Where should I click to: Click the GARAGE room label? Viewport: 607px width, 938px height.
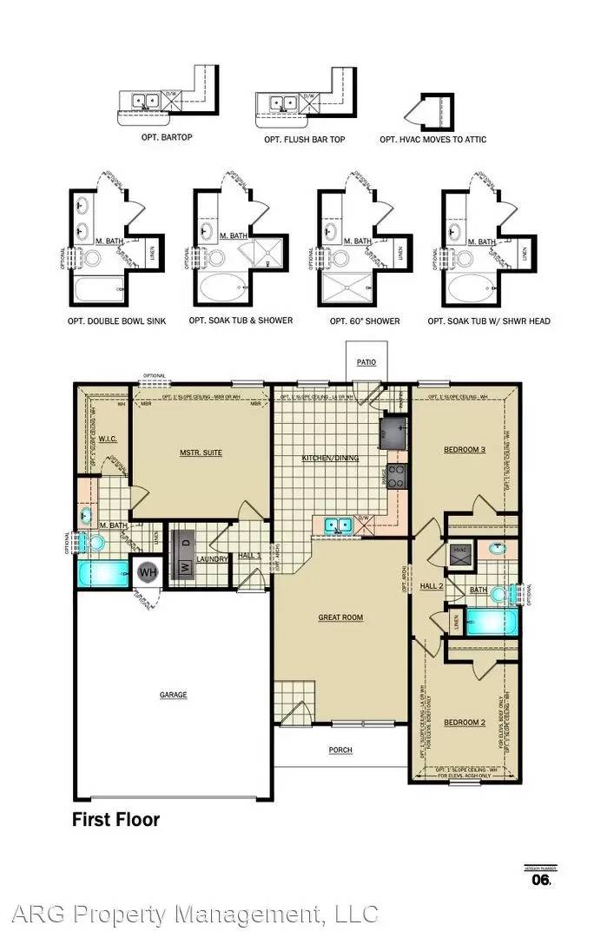173,695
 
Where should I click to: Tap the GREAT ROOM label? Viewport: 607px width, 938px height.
340,618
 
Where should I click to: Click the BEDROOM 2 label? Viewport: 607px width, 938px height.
464,723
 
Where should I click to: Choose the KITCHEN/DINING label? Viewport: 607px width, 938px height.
330,458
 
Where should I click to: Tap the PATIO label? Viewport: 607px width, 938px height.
366,361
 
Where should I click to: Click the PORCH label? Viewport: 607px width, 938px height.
340,750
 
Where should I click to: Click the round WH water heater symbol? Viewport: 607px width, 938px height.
148,573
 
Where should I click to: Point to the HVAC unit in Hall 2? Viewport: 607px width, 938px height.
459,551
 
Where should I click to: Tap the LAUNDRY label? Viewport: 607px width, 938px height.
212,559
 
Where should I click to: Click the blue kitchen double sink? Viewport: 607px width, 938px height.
337,525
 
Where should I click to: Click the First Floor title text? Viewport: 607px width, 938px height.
115,819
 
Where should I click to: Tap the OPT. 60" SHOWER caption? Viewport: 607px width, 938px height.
365,321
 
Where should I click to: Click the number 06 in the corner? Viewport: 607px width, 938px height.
540,880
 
